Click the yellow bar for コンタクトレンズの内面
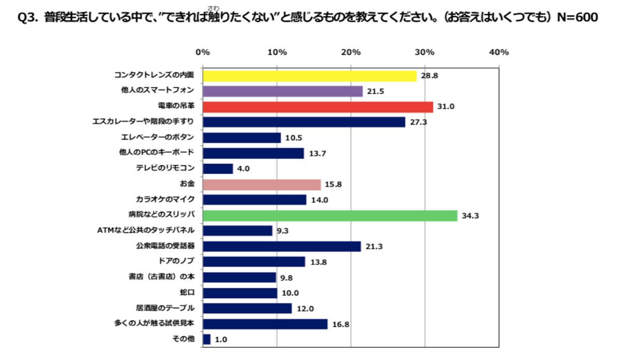[x=309, y=76]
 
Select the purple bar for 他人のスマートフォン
[x=282, y=91]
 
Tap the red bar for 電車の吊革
[x=318, y=107]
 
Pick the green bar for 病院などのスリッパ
[x=330, y=215]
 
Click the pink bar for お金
[x=262, y=184]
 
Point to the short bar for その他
[x=207, y=339]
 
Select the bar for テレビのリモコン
[x=218, y=169]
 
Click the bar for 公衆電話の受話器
[x=281, y=246]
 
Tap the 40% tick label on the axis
[x=499, y=52]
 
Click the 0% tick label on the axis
[x=203, y=52]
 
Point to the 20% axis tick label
[x=351, y=52]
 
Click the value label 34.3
[x=471, y=216]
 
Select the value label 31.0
[x=446, y=107]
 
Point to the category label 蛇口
[x=186, y=293]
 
